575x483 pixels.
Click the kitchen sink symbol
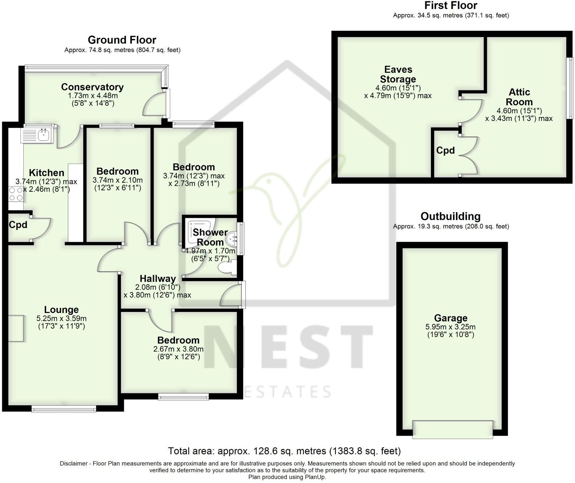click(x=38, y=135)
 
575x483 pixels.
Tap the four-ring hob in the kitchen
click(x=16, y=194)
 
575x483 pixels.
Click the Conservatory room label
click(x=92, y=87)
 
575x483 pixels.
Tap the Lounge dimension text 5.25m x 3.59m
click(x=61, y=318)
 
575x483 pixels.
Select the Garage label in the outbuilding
click(x=450, y=318)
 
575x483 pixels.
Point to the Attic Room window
click(x=571, y=88)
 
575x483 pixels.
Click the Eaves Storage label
click(x=398, y=74)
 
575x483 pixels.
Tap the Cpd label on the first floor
click(x=445, y=150)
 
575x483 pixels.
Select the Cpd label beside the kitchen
click(x=18, y=225)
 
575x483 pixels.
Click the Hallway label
click(x=158, y=279)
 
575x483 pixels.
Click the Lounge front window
click(x=64, y=409)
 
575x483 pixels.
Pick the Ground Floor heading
click(x=122, y=40)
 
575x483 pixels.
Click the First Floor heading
click(x=450, y=5)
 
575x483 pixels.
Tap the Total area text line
click(x=284, y=451)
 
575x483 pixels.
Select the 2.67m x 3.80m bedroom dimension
click(x=178, y=349)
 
